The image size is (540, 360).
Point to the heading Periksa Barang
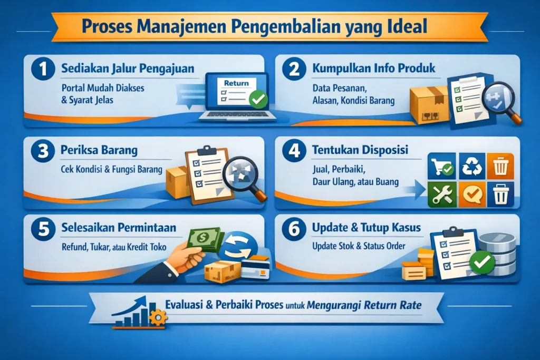[100, 150]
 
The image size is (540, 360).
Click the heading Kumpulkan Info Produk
[374, 69]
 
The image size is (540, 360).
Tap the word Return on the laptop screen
[236, 83]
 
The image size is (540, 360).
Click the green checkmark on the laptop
[258, 99]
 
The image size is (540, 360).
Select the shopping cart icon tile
[440, 166]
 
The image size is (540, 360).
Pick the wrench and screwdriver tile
[440, 193]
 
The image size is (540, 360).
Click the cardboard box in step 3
[178, 182]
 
